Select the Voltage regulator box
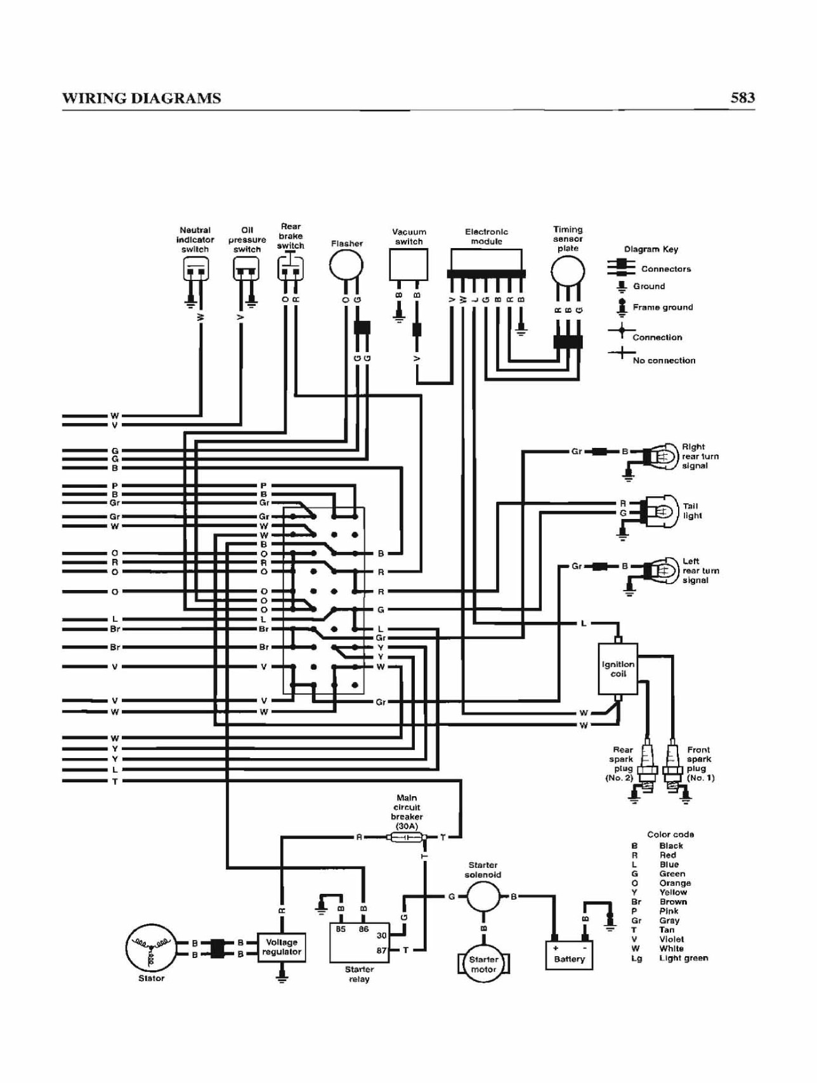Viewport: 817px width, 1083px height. (282, 947)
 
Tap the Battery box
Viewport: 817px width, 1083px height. (569, 955)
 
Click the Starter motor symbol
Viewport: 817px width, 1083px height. (483, 964)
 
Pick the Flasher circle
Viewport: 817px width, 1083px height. (346, 265)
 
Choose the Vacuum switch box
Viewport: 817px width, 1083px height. (408, 265)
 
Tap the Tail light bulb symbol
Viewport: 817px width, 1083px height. (660, 511)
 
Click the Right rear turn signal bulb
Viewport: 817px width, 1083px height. (660, 456)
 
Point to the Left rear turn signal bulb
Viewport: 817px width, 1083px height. (660, 570)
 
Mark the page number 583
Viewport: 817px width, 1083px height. (742, 98)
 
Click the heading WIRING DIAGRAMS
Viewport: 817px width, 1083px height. (141, 98)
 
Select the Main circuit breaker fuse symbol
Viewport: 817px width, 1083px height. (407, 837)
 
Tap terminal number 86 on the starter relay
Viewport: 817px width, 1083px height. (363, 929)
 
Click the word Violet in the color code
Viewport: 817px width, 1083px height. (671, 939)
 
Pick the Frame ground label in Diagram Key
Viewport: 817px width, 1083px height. (663, 307)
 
